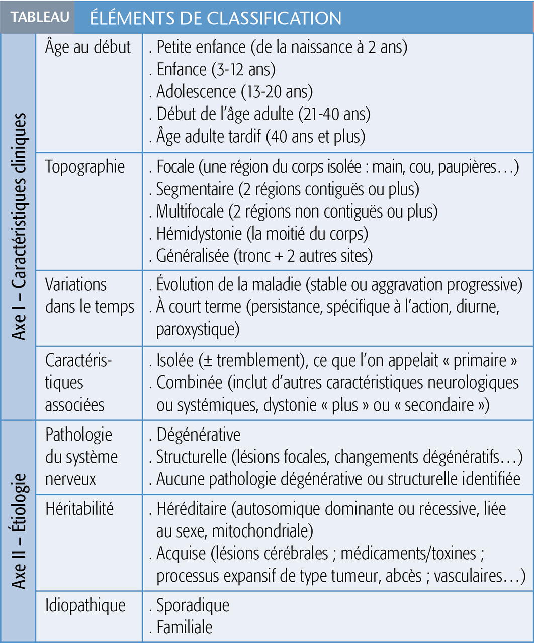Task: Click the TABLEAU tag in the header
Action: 40,17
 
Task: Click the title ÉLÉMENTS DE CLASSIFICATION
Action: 216,18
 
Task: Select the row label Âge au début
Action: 87,47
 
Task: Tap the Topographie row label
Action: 85,167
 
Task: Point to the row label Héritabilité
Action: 79,509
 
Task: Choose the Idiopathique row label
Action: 85,605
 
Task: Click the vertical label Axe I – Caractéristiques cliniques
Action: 19,226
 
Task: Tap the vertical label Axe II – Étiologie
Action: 19,530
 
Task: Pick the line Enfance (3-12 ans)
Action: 216,69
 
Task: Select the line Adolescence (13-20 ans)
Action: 234,91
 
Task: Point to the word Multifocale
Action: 190,211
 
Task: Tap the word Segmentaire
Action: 195,189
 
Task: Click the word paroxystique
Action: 198,329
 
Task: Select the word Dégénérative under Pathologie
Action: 198,435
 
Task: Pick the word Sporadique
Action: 193,605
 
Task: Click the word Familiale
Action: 184,627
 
